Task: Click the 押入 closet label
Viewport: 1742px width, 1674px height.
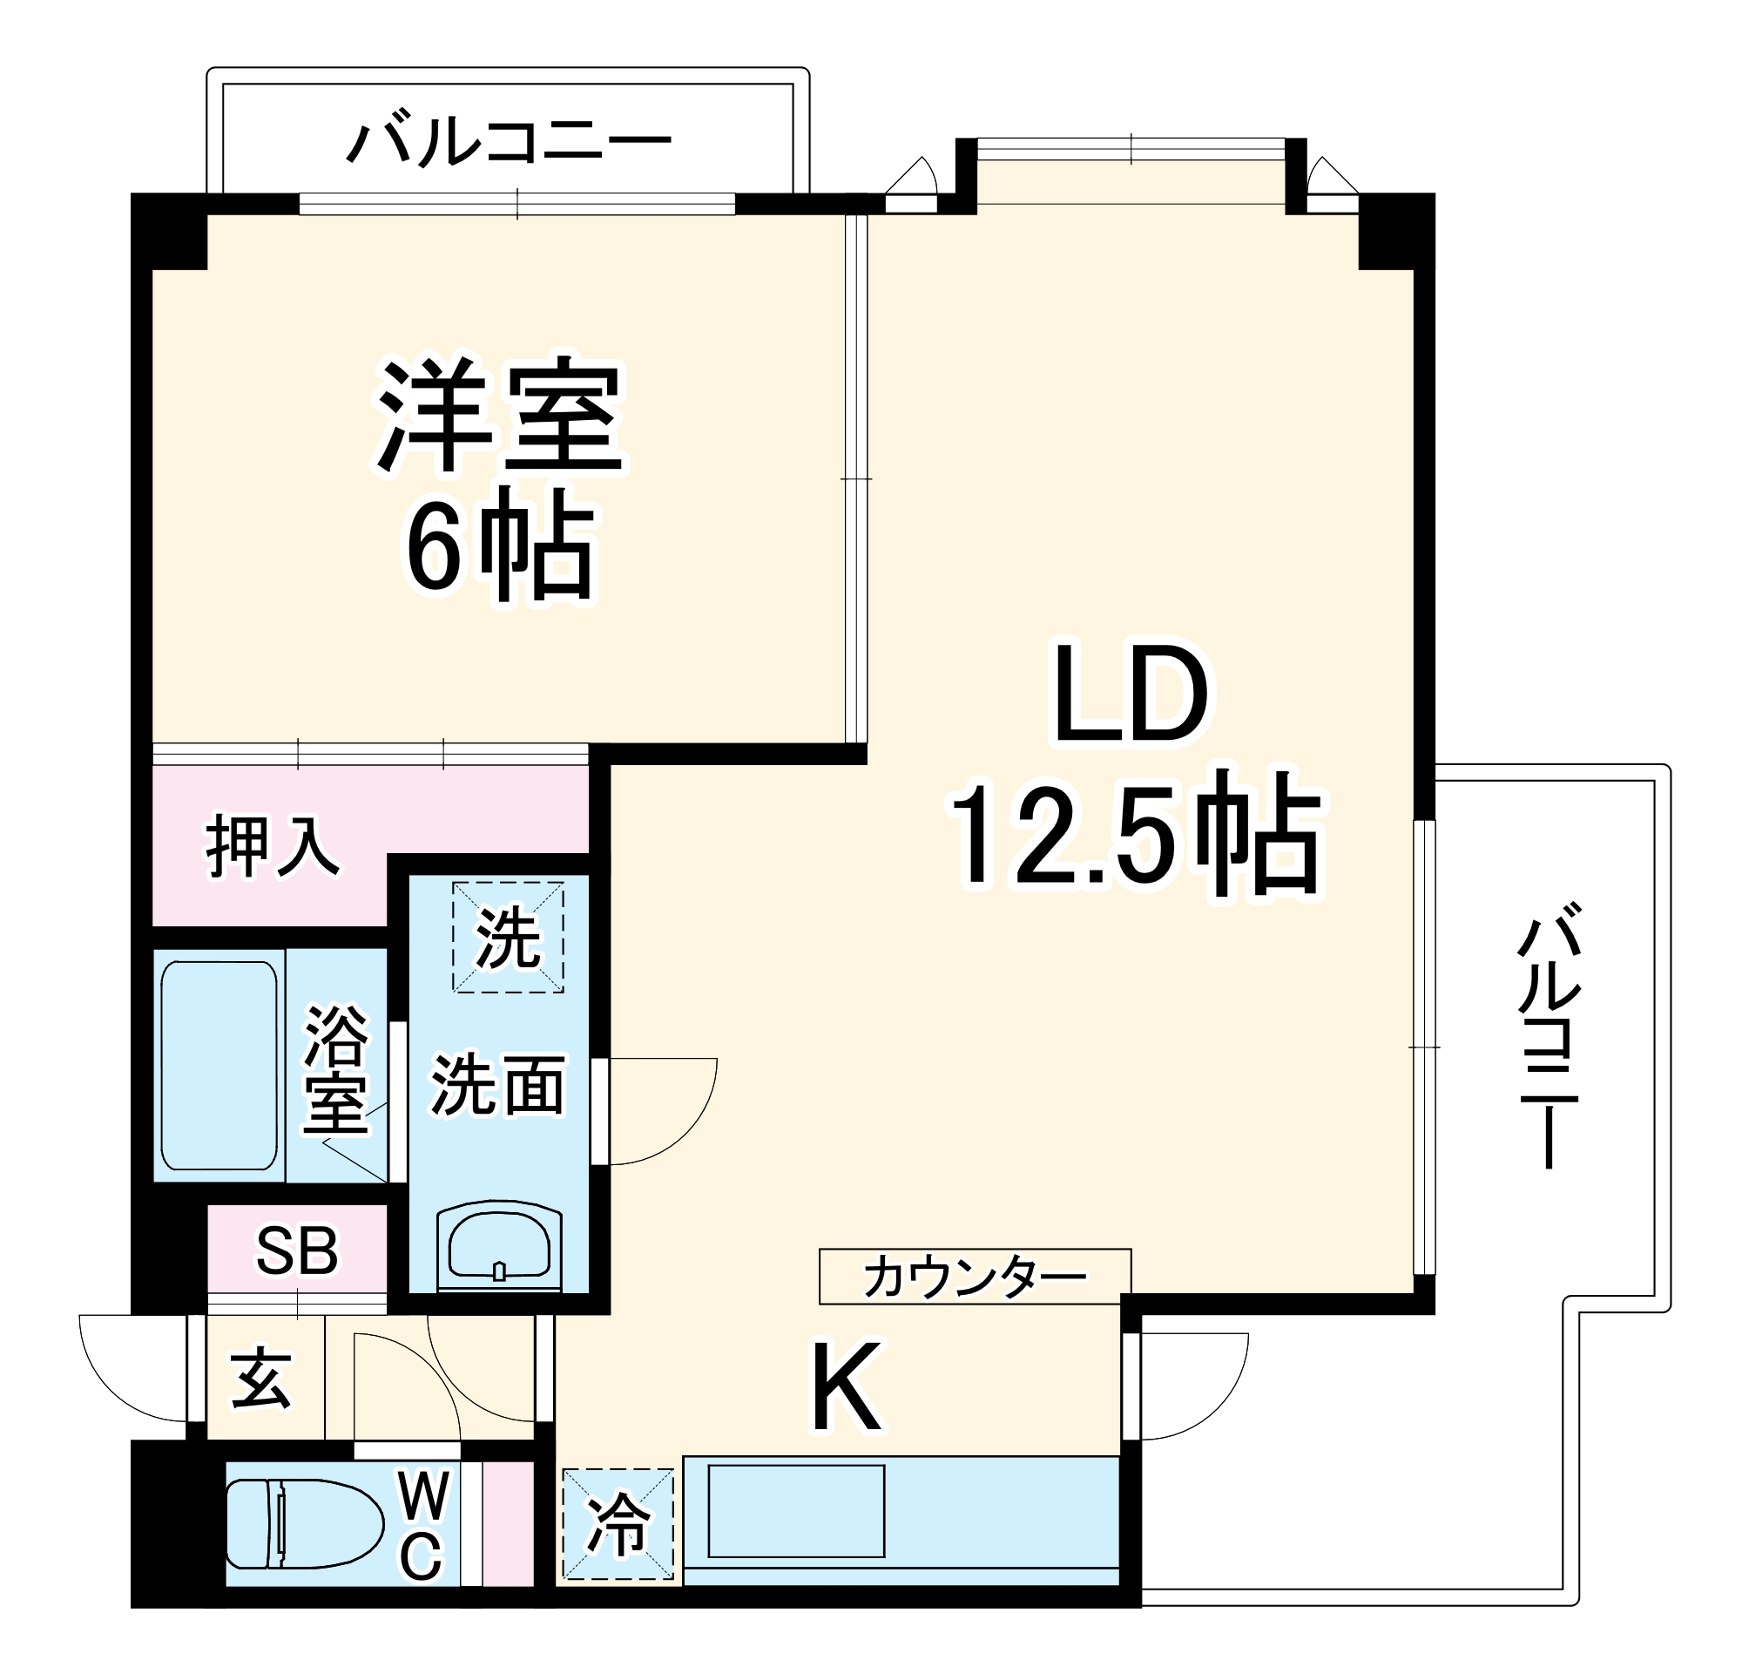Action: pyautogui.click(x=272, y=848)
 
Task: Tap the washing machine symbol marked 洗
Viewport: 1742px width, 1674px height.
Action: pyautogui.click(x=509, y=937)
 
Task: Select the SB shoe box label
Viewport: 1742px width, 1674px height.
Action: pyautogui.click(x=297, y=1250)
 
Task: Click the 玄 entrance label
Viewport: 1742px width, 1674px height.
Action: pyautogui.click(x=261, y=1379)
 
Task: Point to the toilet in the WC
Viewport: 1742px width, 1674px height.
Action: pyautogui.click(x=302, y=1524)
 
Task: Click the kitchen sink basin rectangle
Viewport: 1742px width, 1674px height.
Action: pyautogui.click(x=795, y=1511)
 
